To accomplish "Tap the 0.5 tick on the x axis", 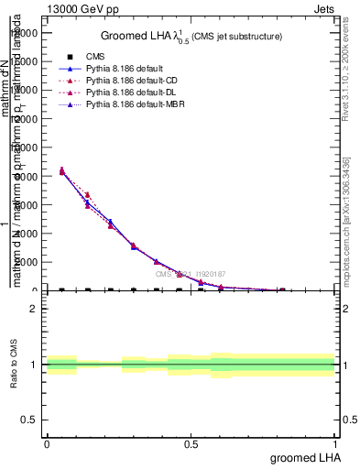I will pyautogui.click(x=191, y=444).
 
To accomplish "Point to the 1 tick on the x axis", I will pyautogui.click(x=335, y=444).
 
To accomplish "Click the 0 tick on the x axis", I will pyautogui.click(x=47, y=444).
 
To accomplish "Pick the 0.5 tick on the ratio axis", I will pyautogui.click(x=29, y=420).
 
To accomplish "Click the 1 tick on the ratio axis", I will pyautogui.click(x=34, y=365).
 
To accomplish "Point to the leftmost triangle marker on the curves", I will pyautogui.click(x=61, y=170).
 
